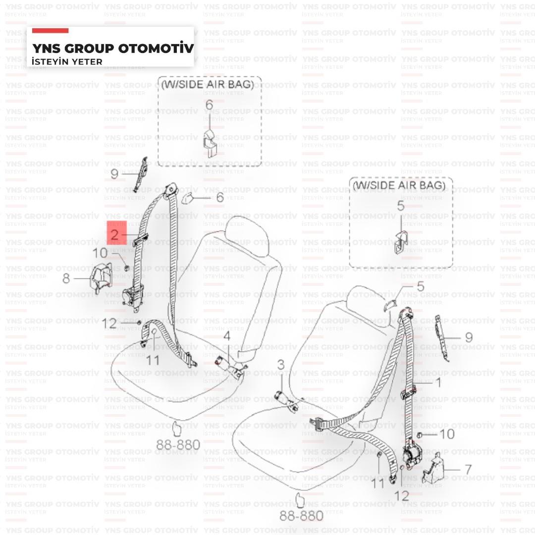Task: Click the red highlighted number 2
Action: pyautogui.click(x=115, y=235)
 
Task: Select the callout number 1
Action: pyautogui.click(x=437, y=382)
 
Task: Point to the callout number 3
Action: pyautogui.click(x=281, y=366)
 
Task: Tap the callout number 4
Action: pyautogui.click(x=226, y=336)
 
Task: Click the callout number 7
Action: pyautogui.click(x=468, y=469)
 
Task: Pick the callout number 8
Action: pyautogui.click(x=66, y=278)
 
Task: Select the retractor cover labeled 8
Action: pyautogui.click(x=101, y=278)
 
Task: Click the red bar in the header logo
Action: pyautogui.click(x=51, y=31)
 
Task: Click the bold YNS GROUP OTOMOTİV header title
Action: pyautogui.click(x=112, y=49)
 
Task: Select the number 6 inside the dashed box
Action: pyautogui.click(x=209, y=105)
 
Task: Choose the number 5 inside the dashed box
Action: pyautogui.click(x=400, y=206)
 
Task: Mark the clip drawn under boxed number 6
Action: pyautogui.click(x=209, y=141)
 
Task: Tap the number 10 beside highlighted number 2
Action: pyautogui.click(x=100, y=253)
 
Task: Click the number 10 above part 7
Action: pyautogui.click(x=447, y=434)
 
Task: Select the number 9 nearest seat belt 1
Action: pyautogui.click(x=469, y=338)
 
